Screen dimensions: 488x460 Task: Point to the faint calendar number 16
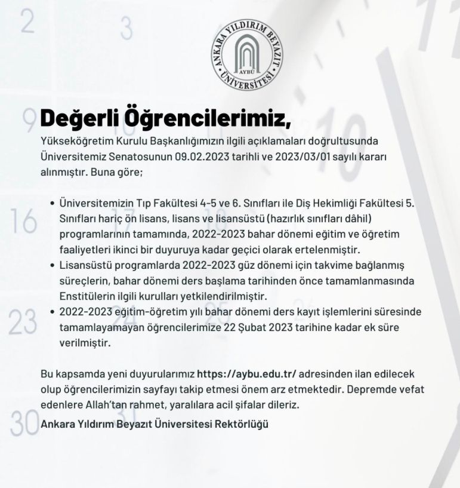tap(24, 222)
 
